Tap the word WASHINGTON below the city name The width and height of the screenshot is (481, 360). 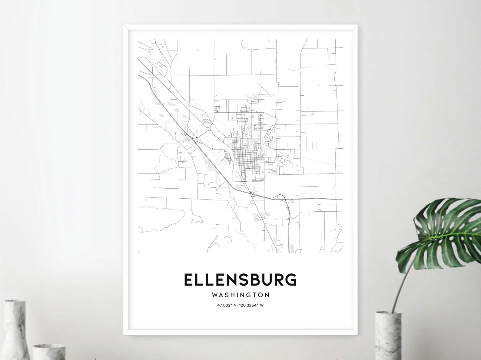pyautogui.click(x=241, y=295)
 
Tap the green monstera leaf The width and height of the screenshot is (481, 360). pyautogui.click(x=448, y=230)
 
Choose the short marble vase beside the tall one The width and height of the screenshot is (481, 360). pyautogui.click(x=45, y=351)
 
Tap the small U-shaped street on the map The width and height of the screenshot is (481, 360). pyautogui.click(x=217, y=108)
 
